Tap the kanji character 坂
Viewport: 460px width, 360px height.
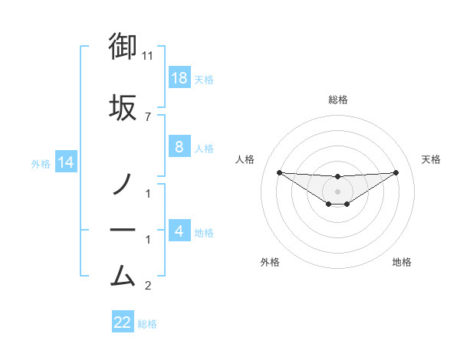[x=123, y=107]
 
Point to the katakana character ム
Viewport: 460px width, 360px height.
[x=123, y=273]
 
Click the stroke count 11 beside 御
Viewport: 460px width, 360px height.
[x=148, y=56]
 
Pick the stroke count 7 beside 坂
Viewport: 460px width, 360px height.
[x=148, y=116]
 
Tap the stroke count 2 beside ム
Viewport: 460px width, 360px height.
[x=148, y=286]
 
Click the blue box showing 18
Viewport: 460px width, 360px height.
[x=179, y=78]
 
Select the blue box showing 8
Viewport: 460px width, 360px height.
[x=179, y=147]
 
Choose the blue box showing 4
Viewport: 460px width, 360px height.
[x=179, y=231]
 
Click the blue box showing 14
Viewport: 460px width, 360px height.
[x=65, y=162]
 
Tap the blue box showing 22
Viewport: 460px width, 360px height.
[x=123, y=322]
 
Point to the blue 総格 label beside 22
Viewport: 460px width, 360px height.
[x=148, y=324]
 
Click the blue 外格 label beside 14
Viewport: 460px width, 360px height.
[x=41, y=163]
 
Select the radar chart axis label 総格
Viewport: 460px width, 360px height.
[x=337, y=100]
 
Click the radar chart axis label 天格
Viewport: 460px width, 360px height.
[x=431, y=159]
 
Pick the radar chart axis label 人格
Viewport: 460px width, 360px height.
[x=245, y=159]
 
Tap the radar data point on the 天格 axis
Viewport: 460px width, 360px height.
[x=396, y=172]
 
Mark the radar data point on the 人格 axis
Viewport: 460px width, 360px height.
[x=279, y=172]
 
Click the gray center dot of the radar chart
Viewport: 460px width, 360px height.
[x=337, y=191]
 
